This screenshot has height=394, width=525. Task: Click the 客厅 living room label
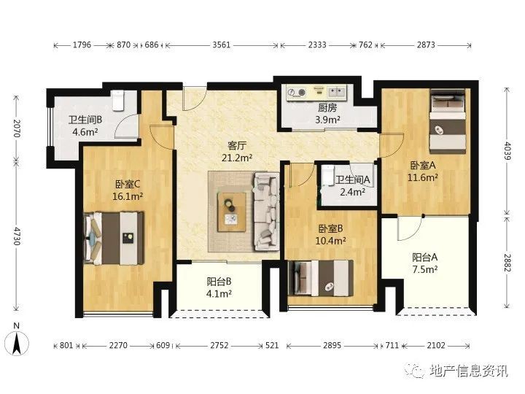(237, 146)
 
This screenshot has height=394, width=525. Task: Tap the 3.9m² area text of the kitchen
(328, 120)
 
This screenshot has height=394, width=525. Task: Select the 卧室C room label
(128, 185)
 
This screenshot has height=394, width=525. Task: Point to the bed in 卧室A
(448, 122)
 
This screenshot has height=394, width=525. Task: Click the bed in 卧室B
(320, 278)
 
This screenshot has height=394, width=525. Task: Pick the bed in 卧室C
(114, 238)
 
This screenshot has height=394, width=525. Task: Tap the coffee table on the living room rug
(231, 212)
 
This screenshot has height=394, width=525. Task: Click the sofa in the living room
(267, 212)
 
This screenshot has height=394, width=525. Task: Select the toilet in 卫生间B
(119, 101)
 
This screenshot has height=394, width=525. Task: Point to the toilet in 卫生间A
(328, 175)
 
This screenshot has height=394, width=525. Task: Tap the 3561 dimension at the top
(222, 45)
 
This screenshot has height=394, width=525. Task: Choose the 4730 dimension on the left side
(17, 236)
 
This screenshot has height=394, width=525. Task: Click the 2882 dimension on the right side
(507, 263)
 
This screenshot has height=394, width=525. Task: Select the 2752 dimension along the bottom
(219, 345)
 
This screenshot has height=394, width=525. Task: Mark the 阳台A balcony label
(425, 258)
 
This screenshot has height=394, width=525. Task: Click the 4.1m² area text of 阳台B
(219, 294)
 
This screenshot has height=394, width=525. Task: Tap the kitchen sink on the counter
(336, 91)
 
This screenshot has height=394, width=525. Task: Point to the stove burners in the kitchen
(297, 92)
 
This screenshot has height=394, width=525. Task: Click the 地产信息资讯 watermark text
(469, 371)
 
